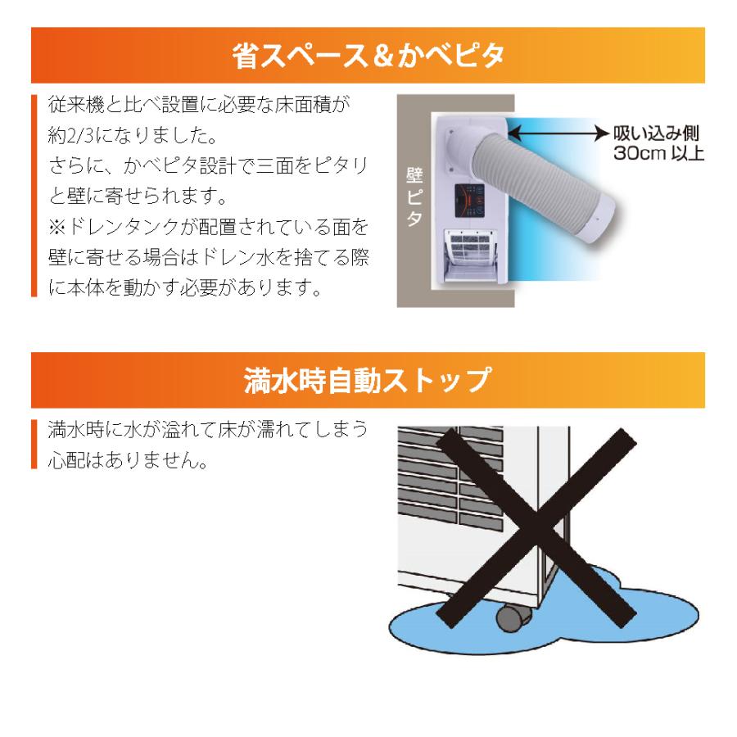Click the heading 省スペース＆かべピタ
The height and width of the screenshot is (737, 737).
tap(368, 56)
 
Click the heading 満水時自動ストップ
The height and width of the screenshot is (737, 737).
tap(368, 380)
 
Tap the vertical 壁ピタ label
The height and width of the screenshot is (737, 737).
tap(414, 197)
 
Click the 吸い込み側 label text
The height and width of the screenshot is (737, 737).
tap(656, 133)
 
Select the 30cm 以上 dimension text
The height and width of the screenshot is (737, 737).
tap(658, 153)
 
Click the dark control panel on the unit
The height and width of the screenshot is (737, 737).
tap(469, 201)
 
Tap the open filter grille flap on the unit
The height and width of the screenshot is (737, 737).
tap(471, 256)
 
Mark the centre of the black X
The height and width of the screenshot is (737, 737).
tap(536, 528)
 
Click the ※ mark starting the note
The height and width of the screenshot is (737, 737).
tap(57, 227)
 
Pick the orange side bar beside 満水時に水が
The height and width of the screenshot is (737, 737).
tap(34, 444)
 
